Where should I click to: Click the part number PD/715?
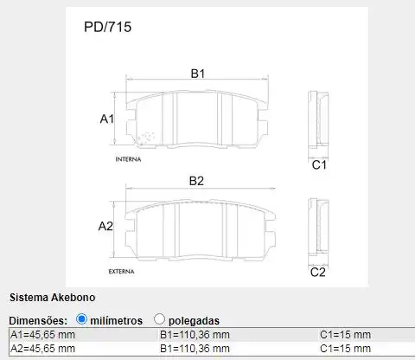(107, 27)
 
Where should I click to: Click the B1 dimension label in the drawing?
(198, 74)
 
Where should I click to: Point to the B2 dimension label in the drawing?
(196, 181)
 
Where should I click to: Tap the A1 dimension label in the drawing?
(107, 119)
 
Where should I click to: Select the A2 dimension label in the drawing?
(105, 227)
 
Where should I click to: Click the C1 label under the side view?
(318, 164)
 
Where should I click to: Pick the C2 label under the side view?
(317, 273)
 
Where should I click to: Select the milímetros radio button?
(82, 319)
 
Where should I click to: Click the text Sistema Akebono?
(46, 297)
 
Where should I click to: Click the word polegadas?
(195, 320)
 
